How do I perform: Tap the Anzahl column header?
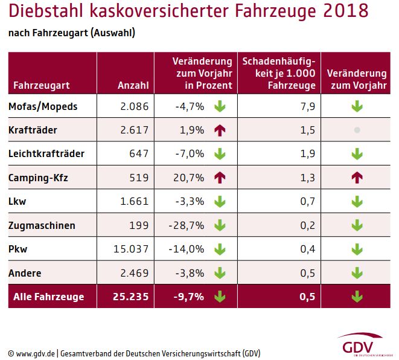click(133, 85)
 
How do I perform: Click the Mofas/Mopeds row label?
click(43, 108)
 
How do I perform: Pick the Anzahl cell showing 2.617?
click(134, 130)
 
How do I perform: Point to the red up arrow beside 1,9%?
click(219, 130)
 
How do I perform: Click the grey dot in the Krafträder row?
click(357, 130)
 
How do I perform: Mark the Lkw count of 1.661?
click(135, 202)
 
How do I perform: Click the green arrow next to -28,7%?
click(219, 225)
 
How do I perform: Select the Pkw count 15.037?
click(132, 249)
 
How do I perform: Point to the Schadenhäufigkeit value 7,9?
click(307, 108)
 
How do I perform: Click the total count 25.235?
click(132, 297)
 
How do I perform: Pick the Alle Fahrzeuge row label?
click(46, 297)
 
